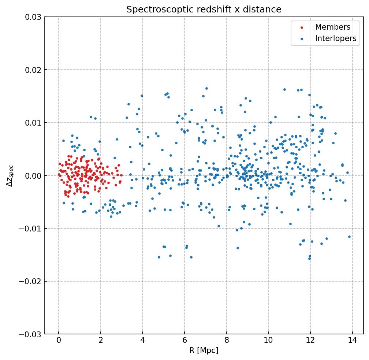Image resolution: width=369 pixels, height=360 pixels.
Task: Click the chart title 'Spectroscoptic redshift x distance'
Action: point(204,10)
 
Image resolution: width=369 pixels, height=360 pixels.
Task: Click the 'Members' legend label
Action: point(332,27)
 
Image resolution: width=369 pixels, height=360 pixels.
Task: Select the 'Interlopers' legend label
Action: point(335,38)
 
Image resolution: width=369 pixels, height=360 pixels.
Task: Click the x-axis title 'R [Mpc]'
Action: point(204,350)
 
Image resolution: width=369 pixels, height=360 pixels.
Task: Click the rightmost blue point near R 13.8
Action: point(349,237)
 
